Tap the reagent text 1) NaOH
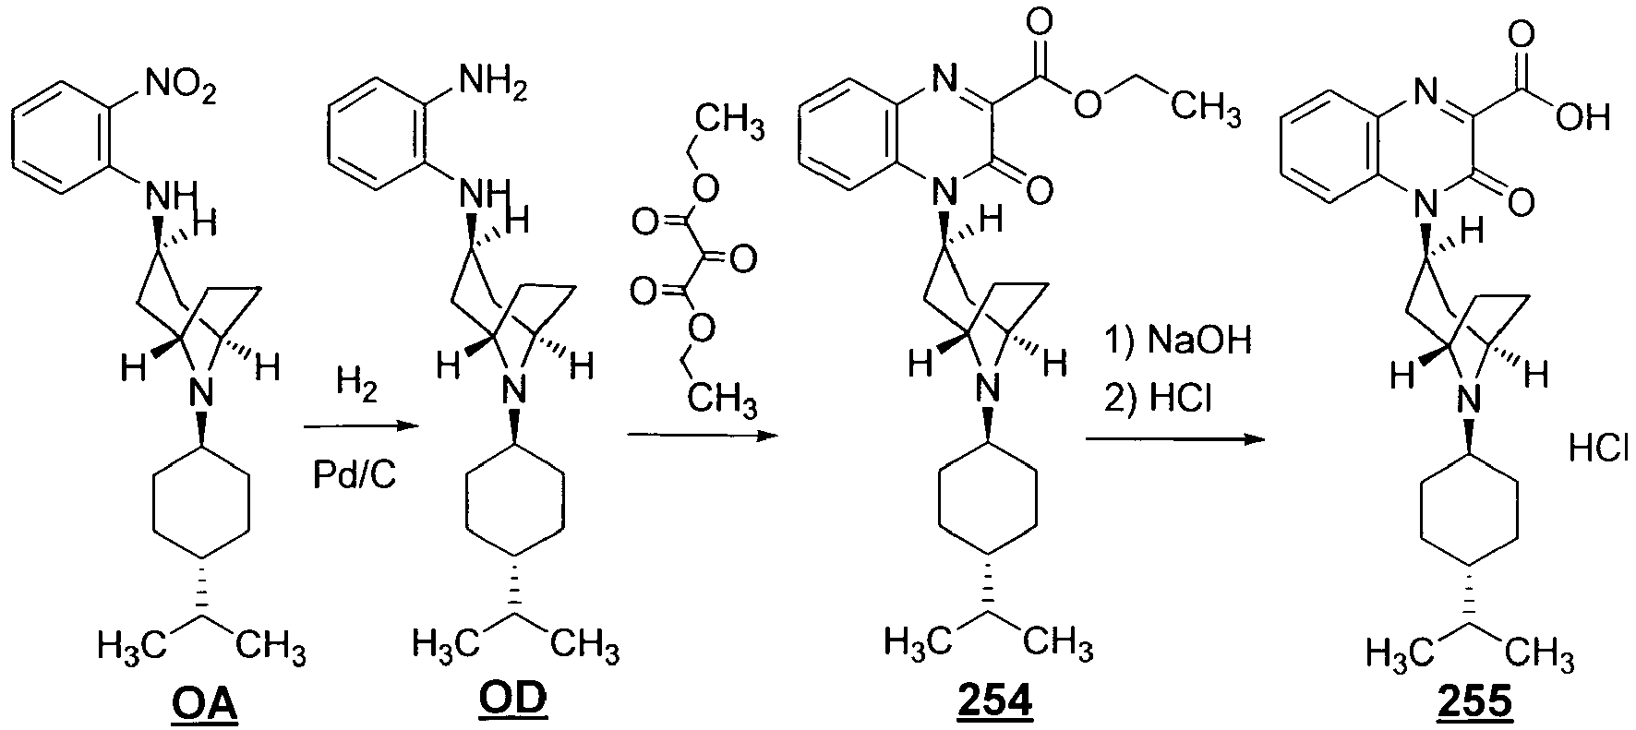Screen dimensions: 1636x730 [x=1177, y=341]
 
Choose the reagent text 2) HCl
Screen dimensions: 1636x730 [x=1158, y=400]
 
